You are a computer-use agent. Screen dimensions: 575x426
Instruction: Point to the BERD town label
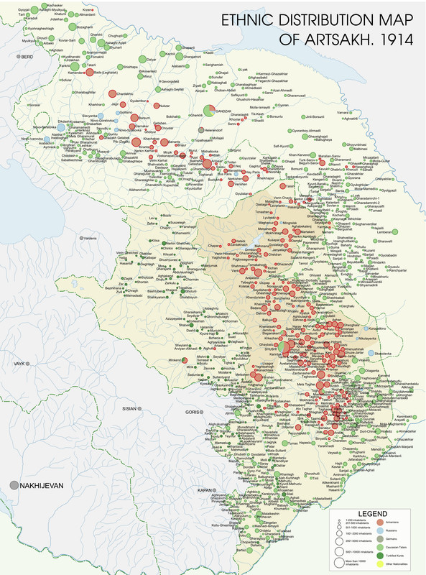pyautogui.click(x=27, y=56)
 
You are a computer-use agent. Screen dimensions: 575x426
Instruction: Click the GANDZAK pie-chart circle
pyautogui.click(x=208, y=111)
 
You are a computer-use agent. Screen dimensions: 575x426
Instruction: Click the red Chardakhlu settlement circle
pyautogui.click(x=112, y=93)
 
